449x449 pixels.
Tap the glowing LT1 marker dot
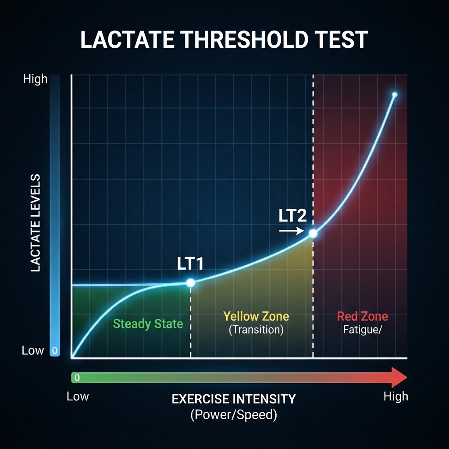point(190,283)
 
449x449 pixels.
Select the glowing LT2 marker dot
point(313,233)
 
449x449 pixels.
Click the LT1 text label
point(190,264)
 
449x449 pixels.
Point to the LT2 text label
point(292,215)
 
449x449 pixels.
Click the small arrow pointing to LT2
point(292,231)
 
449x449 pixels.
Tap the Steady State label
point(148,324)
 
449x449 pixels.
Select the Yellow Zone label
point(256,316)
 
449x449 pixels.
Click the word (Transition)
point(256,330)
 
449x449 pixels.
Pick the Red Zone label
point(363,316)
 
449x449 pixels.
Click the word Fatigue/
point(363,330)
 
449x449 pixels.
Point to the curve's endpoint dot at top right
point(394,95)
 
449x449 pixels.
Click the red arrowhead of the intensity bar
point(399,378)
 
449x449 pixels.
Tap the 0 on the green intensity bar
point(77,378)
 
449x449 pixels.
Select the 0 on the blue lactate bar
point(55,350)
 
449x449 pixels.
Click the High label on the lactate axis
point(35,79)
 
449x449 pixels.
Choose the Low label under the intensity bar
point(78,396)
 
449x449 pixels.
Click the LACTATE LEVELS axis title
point(35,223)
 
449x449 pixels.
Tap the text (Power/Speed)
point(234,414)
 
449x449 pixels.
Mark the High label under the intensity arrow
point(396,396)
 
